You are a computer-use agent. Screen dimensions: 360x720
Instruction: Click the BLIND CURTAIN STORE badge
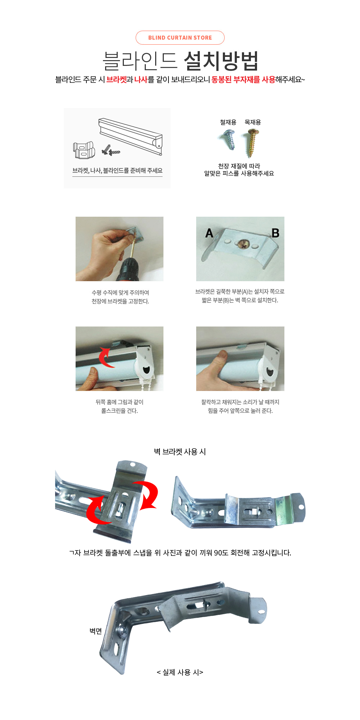coord(180,38)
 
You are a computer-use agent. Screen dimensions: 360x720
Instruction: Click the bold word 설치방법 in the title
coord(221,61)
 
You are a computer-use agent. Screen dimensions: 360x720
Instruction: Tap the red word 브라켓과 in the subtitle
coord(120,80)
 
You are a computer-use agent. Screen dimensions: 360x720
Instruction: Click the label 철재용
coord(228,122)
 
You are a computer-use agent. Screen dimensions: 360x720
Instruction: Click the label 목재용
coord(253,122)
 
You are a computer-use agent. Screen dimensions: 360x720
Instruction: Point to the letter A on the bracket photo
coord(209,233)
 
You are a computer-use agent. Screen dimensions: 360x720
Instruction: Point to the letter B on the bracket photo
coord(275,233)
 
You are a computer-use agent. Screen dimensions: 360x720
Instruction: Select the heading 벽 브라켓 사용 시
coord(180,452)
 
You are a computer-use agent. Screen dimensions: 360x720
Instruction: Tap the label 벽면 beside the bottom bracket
coord(96,631)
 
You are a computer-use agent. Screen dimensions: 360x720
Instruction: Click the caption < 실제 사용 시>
coord(180,672)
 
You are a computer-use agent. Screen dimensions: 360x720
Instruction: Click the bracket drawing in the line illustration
coord(84,150)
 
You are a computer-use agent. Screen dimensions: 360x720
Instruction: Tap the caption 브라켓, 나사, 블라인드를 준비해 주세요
coord(117,171)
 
